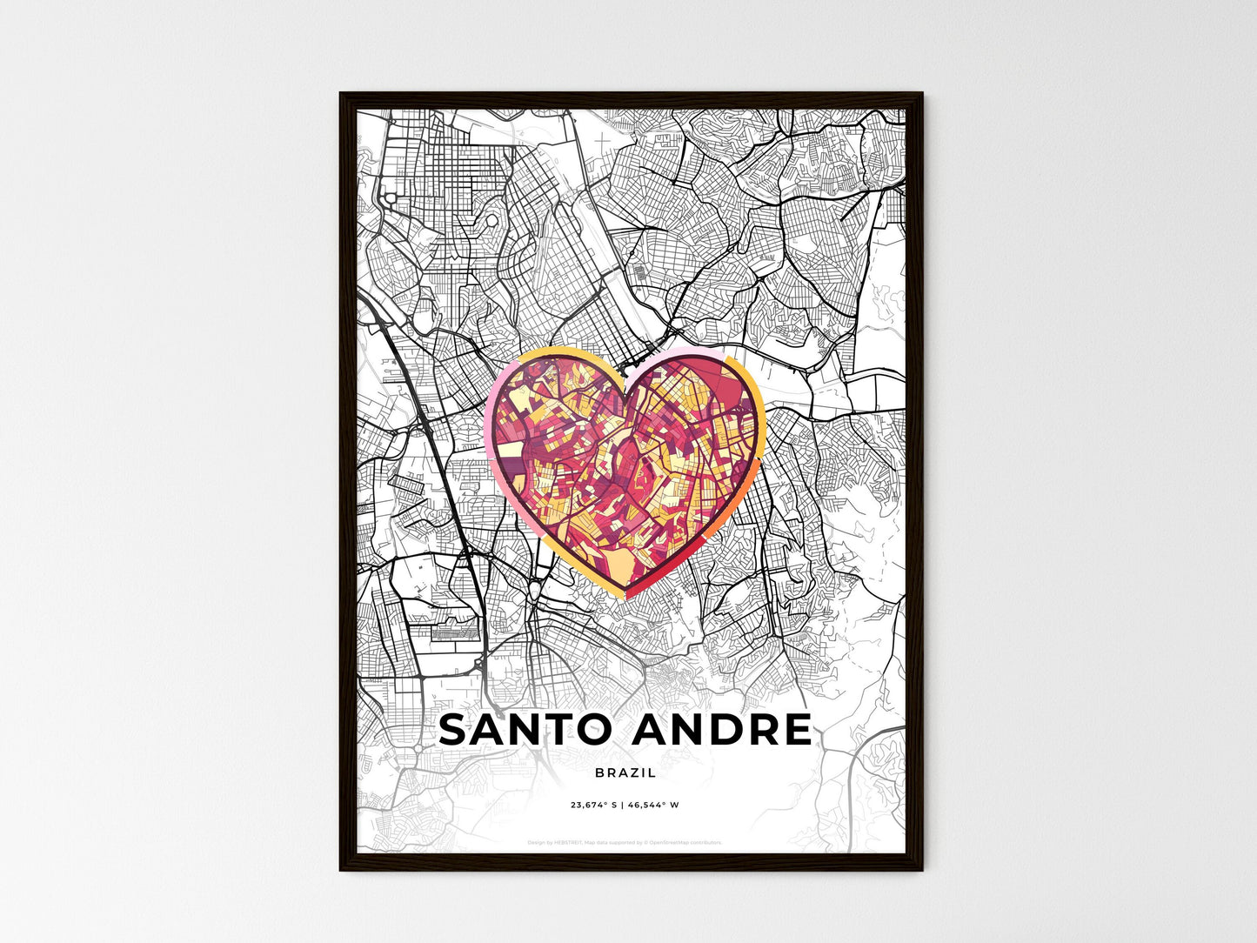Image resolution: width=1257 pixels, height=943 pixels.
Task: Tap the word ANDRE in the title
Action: coord(723,730)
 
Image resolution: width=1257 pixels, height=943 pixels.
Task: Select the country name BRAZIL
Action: coord(625,772)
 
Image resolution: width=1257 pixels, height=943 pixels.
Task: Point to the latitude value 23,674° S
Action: coord(593,806)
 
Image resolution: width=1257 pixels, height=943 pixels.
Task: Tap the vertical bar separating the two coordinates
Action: coord(623,806)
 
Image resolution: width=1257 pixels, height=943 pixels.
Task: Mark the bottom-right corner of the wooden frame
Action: coord(921,869)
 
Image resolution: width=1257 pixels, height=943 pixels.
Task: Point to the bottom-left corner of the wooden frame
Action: coord(341,869)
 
